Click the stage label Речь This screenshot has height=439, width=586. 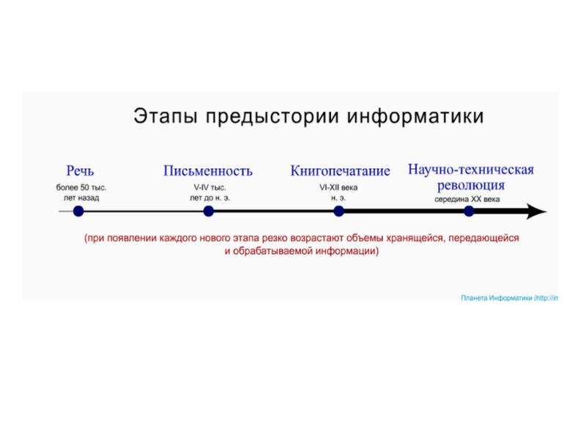pos(80,171)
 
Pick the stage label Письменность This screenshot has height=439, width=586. pos(208,171)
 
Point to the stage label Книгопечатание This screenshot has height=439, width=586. pos(340,171)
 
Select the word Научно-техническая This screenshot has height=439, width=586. pos(470,170)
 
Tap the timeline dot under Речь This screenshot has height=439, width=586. pos(78,211)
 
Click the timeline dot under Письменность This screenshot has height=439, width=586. pos(208,211)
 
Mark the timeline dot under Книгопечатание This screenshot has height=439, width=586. pos(338,211)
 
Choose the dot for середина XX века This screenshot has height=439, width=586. pos(469,211)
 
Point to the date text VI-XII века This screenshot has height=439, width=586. pos(338,188)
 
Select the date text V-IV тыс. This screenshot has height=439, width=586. pos(209,188)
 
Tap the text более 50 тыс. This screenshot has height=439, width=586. pos(81,188)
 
